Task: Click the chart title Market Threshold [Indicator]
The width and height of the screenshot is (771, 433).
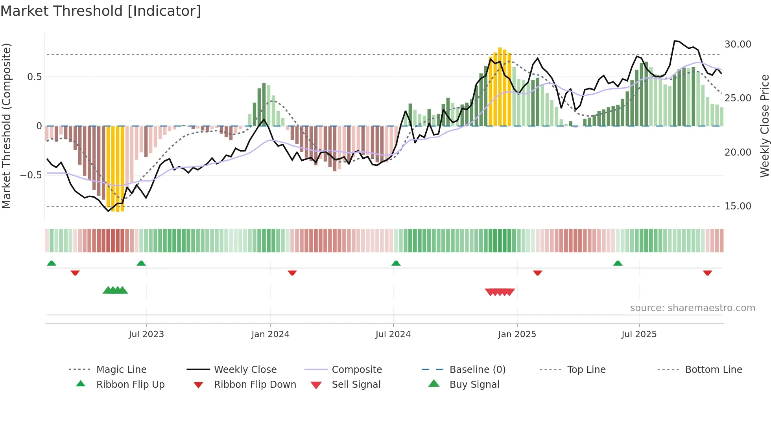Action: [101, 11]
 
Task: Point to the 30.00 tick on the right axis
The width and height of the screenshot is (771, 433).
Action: [738, 44]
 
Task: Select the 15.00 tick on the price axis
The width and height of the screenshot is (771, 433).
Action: [738, 206]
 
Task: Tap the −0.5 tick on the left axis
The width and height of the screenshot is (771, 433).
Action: [31, 175]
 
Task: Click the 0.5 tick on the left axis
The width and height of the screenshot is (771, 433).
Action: [34, 77]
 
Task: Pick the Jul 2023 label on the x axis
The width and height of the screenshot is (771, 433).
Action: [146, 334]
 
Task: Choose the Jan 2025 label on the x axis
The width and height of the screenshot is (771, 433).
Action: [517, 334]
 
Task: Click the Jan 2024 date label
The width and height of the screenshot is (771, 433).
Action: [270, 334]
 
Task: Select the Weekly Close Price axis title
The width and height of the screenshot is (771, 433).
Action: [764, 126]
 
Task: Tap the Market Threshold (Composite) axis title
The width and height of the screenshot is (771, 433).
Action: [6, 126]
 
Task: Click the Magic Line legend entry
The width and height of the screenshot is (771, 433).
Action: [121, 370]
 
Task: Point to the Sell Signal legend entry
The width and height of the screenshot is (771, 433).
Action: [356, 385]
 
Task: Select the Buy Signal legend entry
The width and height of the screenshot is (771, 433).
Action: [474, 385]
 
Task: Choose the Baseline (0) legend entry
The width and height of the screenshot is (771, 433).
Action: [477, 370]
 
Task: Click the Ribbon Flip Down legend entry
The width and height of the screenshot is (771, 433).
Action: [255, 385]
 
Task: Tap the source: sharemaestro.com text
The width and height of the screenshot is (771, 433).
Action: [692, 308]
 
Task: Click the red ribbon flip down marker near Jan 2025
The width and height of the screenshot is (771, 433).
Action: [537, 273]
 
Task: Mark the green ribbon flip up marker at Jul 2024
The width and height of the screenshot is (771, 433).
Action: [396, 263]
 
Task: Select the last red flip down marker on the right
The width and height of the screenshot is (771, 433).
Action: [707, 273]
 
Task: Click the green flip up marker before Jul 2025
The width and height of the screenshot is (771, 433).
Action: [618, 263]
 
